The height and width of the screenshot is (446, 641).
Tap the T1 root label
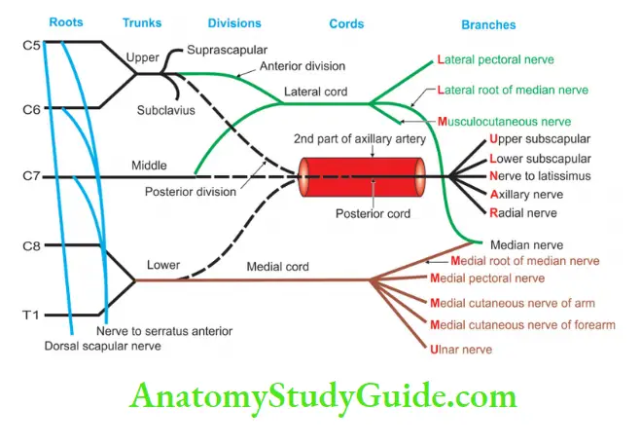pos(31,316)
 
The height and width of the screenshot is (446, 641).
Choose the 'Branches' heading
pos(489,24)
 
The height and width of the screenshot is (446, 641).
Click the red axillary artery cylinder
pos(362,177)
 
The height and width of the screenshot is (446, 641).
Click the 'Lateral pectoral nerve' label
pos(497,60)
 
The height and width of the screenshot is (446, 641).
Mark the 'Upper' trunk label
pos(142,57)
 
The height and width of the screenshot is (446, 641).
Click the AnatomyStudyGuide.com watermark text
pos(321,397)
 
